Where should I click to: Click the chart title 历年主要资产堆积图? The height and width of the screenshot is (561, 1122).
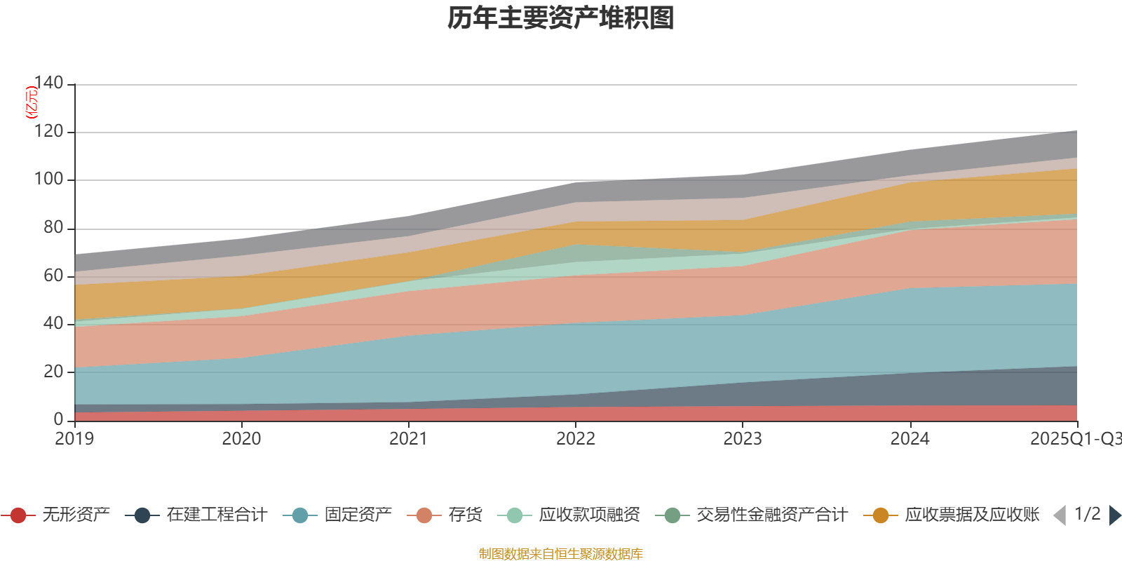tap(561, 18)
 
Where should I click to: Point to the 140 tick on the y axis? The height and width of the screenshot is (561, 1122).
tap(48, 83)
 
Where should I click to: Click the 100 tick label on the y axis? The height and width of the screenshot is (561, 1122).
tap(48, 180)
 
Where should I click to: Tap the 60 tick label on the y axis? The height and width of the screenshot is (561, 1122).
tap(53, 276)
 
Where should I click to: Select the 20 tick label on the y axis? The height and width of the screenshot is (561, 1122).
tap(53, 372)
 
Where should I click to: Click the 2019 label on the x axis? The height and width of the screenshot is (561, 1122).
tap(74, 439)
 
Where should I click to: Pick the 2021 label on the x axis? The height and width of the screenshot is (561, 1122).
tap(408, 439)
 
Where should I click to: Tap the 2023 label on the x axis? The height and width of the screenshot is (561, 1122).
tap(743, 439)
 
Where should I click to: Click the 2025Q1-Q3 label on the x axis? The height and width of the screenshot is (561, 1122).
tap(1074, 439)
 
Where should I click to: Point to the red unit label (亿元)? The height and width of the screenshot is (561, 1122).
tap(32, 102)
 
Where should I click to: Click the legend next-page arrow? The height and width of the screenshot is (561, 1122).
tap(1115, 515)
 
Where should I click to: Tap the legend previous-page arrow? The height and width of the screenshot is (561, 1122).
tap(1060, 515)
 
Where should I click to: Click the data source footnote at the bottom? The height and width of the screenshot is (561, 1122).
tap(561, 554)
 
